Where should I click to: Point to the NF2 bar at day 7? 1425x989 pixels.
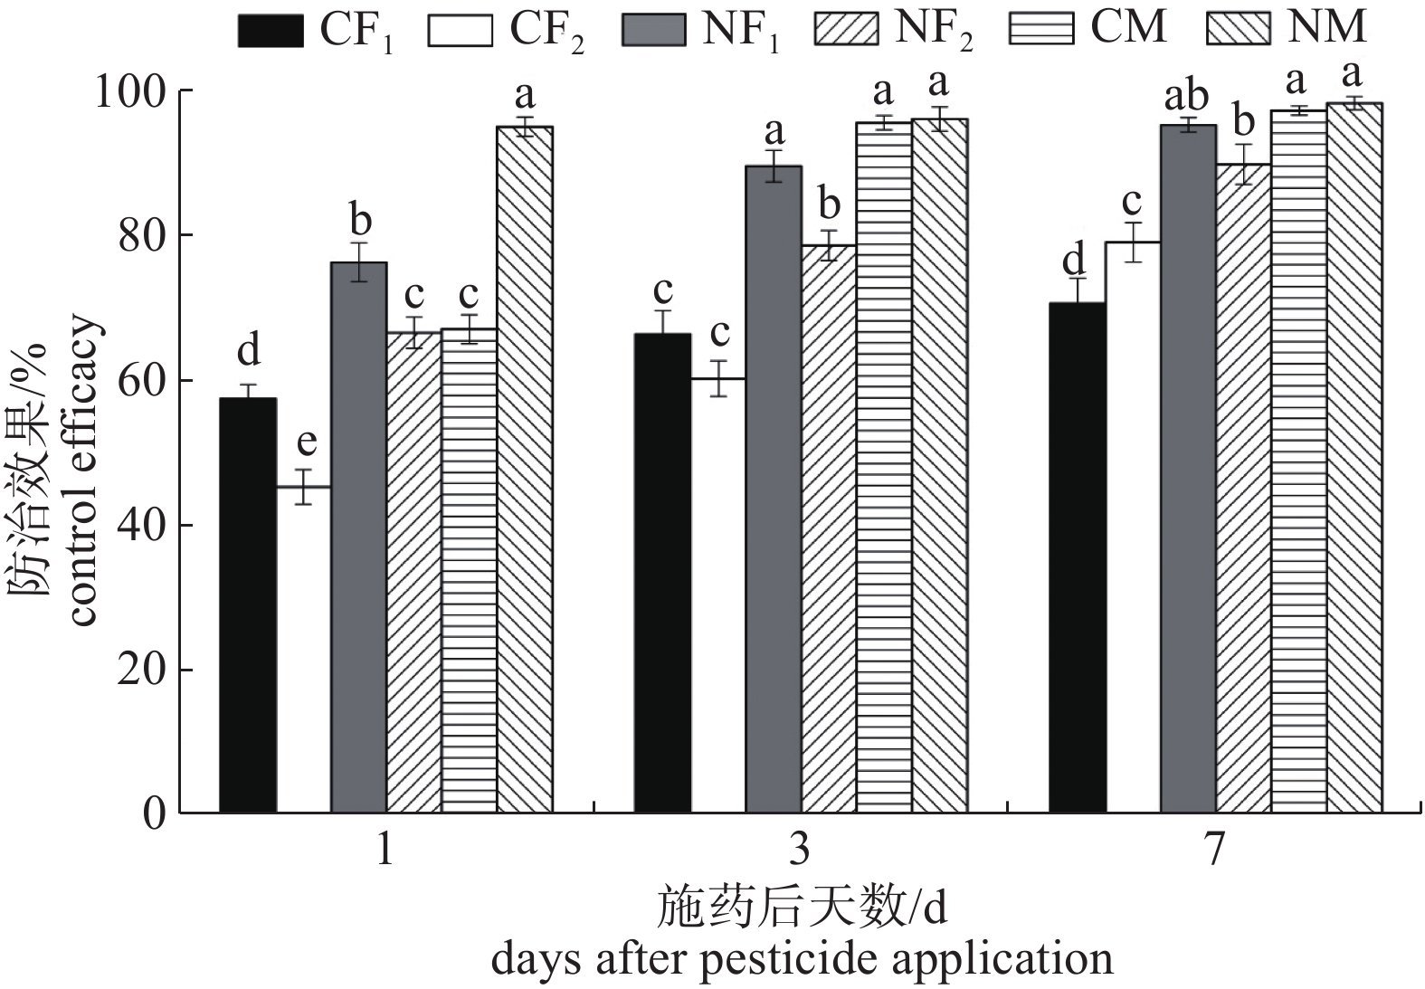[x=1243, y=489]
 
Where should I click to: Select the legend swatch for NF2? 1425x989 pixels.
[x=845, y=30]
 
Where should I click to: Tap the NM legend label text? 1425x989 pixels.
[x=1326, y=27]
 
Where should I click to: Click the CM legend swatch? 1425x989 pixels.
[x=1040, y=30]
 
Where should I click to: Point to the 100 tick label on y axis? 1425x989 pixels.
[x=130, y=91]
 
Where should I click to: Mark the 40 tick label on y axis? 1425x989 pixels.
[x=142, y=525]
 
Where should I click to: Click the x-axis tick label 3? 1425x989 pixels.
[x=800, y=850]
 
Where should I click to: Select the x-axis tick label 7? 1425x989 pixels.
[x=1214, y=850]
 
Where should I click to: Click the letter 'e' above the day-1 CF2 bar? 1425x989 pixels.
[x=307, y=443]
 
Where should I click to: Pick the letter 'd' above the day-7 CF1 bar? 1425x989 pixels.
[x=1074, y=261]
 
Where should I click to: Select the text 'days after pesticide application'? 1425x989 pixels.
[x=802, y=958]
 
